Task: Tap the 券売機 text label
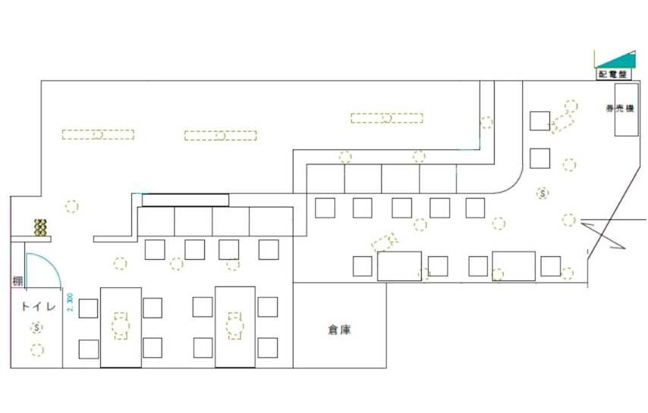[x=619, y=108]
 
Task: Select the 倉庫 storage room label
[x=339, y=330]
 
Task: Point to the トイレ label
[x=36, y=307]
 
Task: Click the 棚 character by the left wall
[x=17, y=281]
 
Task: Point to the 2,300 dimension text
[x=70, y=305]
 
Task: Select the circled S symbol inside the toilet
[x=36, y=327]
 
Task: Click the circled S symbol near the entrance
[x=543, y=193]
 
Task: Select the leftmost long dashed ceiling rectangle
[x=97, y=135]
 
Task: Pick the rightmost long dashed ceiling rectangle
[x=386, y=117]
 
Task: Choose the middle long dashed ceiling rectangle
[x=220, y=136]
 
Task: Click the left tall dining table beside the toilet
[x=120, y=327]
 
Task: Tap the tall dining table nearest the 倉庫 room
[x=234, y=327]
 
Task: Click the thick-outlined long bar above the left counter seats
[x=185, y=200]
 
